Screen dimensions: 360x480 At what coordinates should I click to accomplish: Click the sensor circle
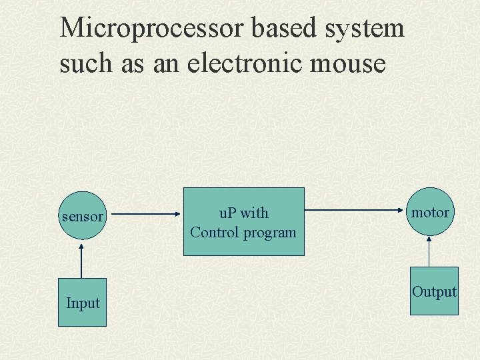coord(83,215)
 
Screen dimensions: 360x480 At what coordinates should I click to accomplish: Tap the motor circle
coord(430,212)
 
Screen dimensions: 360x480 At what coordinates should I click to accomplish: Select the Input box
coord(82,302)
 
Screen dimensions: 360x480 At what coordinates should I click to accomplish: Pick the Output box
coord(434,291)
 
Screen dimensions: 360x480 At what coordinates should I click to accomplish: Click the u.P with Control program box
coord(243,222)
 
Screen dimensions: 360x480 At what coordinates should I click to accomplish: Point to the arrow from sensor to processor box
coord(143,215)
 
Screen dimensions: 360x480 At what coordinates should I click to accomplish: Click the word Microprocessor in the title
coord(152,28)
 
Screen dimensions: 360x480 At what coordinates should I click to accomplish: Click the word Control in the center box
coord(213,233)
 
